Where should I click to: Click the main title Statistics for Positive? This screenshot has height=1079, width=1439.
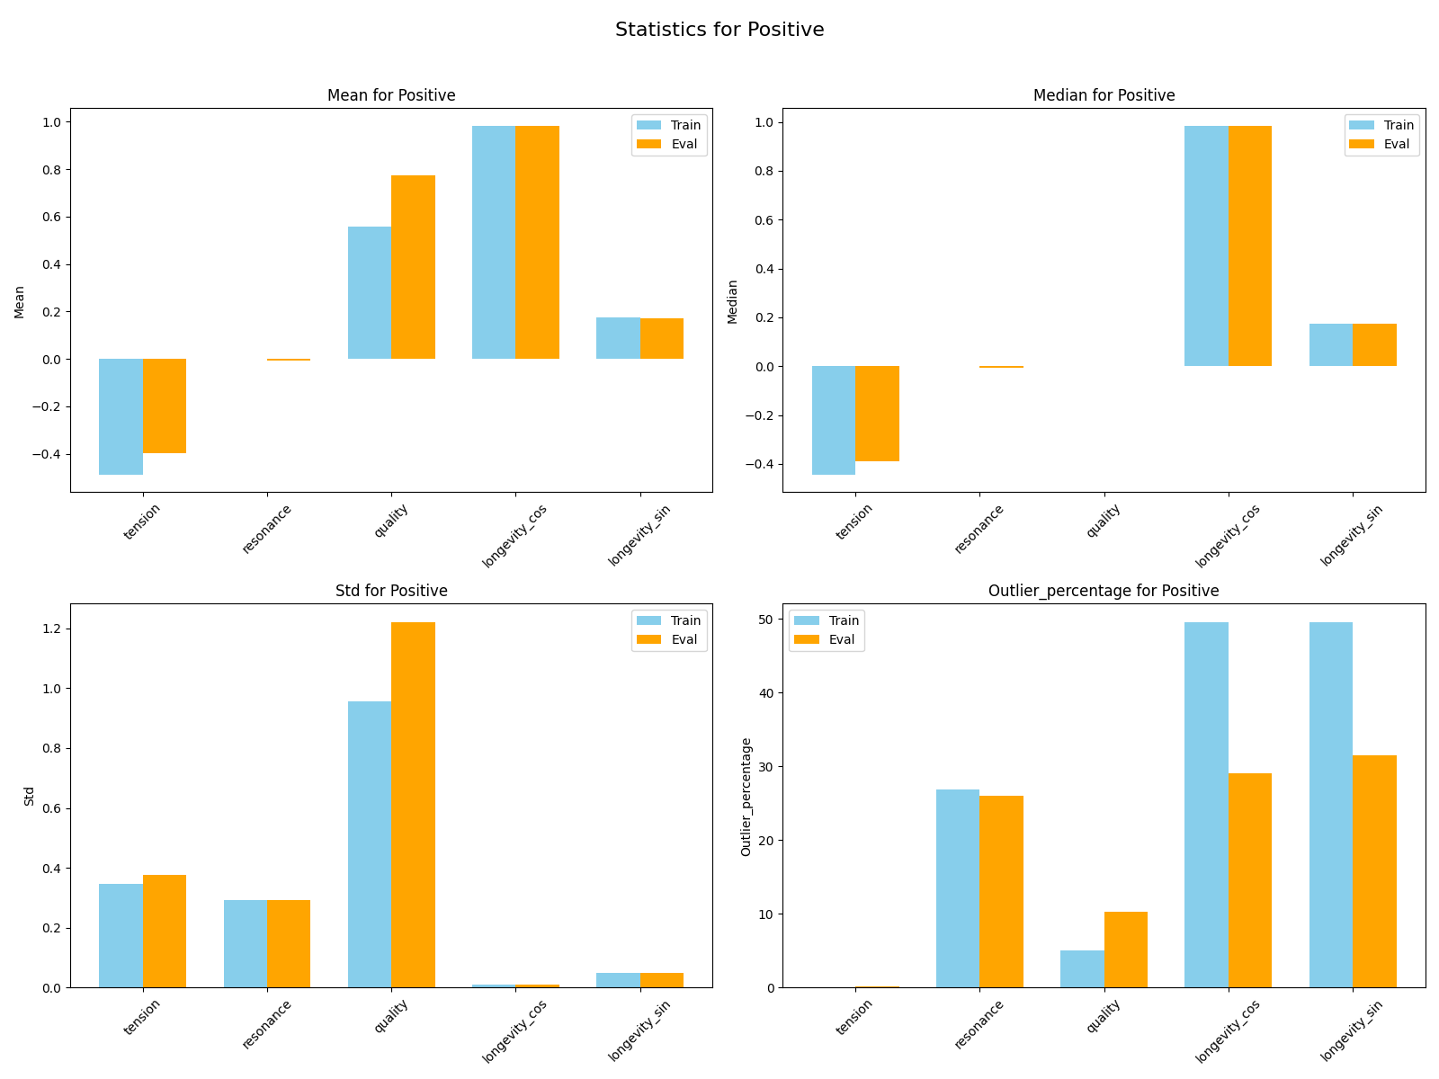tap(719, 30)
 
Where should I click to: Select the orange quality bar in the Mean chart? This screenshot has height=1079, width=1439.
tap(413, 267)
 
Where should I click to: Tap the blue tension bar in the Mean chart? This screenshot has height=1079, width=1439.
tap(121, 416)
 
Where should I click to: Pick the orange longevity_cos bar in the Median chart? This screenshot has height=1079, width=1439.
tap(1249, 245)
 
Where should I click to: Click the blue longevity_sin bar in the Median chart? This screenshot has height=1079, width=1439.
tap(1330, 344)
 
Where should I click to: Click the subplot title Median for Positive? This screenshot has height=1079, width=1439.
tap(1104, 95)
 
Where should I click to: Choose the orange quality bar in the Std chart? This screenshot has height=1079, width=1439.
tap(413, 805)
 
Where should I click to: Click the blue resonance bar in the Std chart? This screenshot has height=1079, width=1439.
tap(245, 943)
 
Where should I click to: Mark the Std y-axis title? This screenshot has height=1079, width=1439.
tap(29, 796)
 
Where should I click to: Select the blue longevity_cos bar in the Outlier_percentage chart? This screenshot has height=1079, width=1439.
tap(1206, 805)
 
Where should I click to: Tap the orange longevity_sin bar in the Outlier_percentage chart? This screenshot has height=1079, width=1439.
tap(1373, 871)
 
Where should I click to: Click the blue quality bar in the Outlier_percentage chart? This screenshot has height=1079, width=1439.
tap(1082, 968)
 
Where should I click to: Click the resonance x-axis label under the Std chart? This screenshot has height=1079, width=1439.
tap(267, 1026)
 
